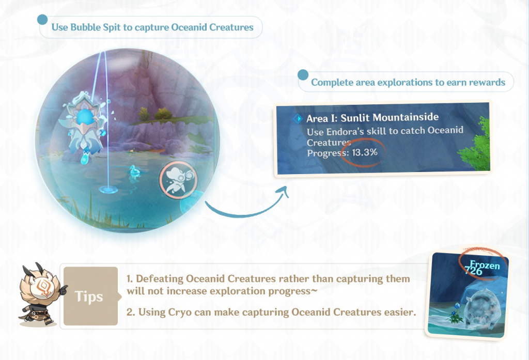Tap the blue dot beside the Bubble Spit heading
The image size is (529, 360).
pos(42,20)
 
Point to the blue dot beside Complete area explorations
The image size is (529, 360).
pos(303,75)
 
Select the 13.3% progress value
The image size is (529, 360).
pos(365,152)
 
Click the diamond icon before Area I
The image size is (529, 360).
pos(298,119)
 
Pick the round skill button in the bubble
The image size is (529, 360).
pos(178,180)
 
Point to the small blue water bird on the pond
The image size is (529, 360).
pos(135,171)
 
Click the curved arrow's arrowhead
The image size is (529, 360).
pos(284,192)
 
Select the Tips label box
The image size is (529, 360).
pos(90,296)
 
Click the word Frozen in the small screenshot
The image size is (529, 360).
pos(485,265)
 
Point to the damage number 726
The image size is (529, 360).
pos(474,271)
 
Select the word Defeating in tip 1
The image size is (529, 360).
pos(160,279)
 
